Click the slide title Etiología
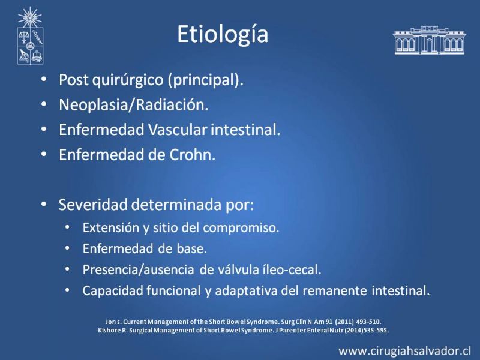tap(223, 35)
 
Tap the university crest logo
tap(30, 36)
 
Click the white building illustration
tap(430, 40)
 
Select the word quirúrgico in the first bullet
tap(128, 80)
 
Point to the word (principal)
tap(205, 80)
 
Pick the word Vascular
tap(177, 130)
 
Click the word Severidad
tap(93, 205)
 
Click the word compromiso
tap(241, 229)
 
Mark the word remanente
tap(335, 291)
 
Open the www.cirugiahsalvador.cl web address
tap(404, 351)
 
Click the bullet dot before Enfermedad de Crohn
tap(44, 155)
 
